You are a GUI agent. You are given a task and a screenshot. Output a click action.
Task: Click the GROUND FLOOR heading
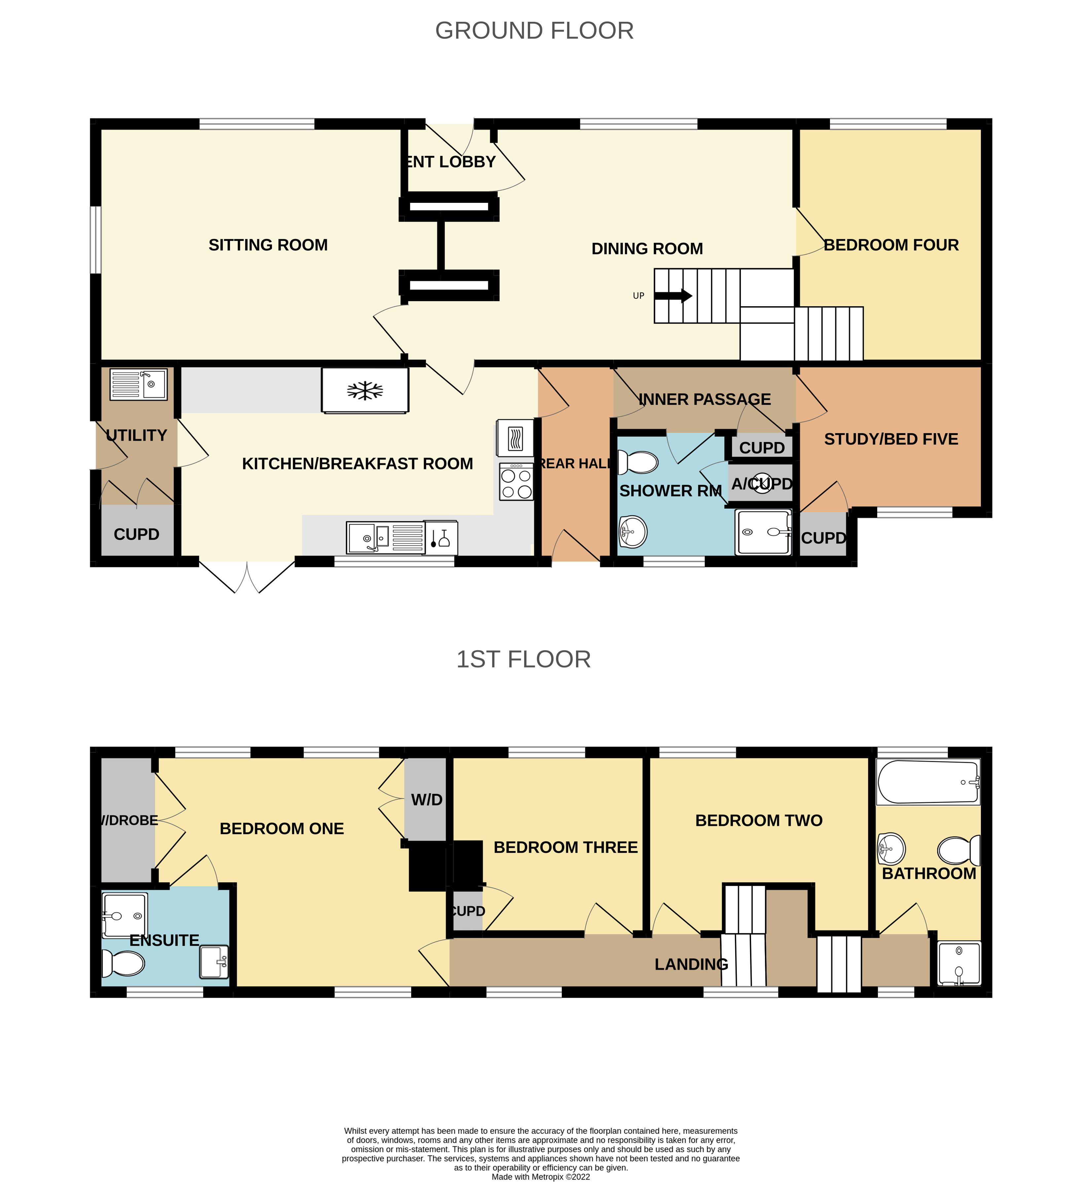534,30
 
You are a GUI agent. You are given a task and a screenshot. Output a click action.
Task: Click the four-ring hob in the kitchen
516,483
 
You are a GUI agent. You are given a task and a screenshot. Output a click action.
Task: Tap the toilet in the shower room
639,462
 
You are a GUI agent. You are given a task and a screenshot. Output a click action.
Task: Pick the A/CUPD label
761,484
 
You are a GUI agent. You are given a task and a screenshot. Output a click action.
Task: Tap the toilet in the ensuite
124,963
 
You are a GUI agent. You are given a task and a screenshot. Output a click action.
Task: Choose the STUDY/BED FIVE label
890,439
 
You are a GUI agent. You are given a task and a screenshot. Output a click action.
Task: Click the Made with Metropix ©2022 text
540,1176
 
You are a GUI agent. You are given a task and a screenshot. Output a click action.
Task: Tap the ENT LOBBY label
451,162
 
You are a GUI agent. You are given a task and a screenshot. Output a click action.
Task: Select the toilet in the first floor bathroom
958,850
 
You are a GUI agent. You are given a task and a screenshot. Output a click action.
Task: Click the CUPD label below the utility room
136,534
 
